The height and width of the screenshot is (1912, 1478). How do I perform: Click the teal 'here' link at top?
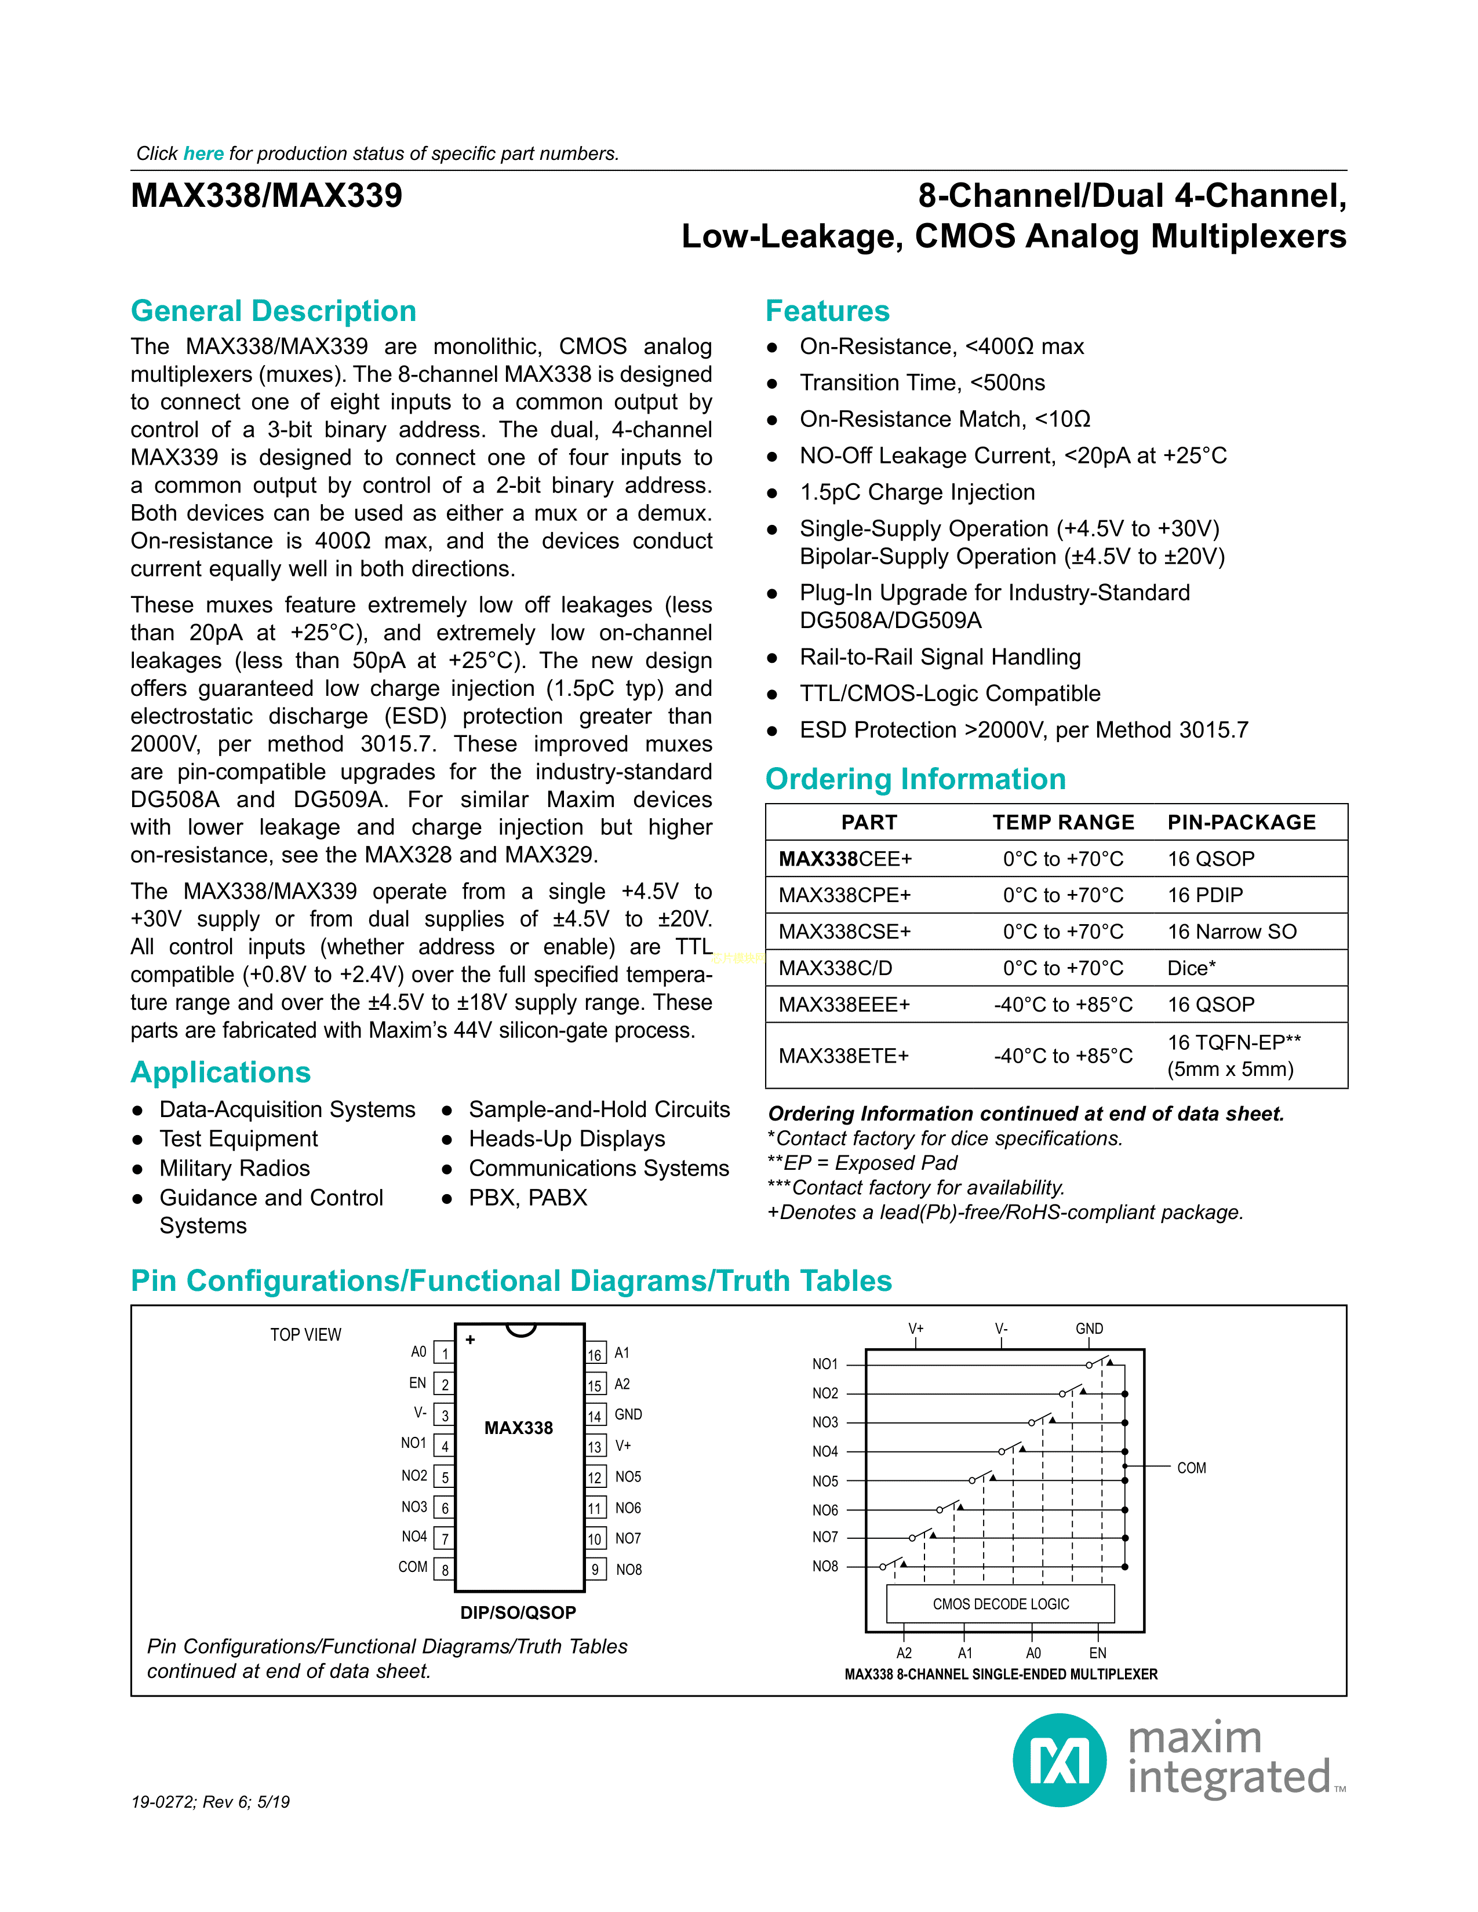[203, 154]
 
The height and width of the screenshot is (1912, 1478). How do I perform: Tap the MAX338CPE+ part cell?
[844, 895]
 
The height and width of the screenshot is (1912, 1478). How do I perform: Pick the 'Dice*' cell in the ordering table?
[1191, 968]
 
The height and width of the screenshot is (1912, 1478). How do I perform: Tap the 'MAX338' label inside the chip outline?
[518, 1428]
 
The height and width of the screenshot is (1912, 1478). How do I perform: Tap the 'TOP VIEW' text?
[305, 1335]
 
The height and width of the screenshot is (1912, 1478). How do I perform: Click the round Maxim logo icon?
[1058, 1760]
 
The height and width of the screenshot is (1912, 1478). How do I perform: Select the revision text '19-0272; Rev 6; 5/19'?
[210, 1802]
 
